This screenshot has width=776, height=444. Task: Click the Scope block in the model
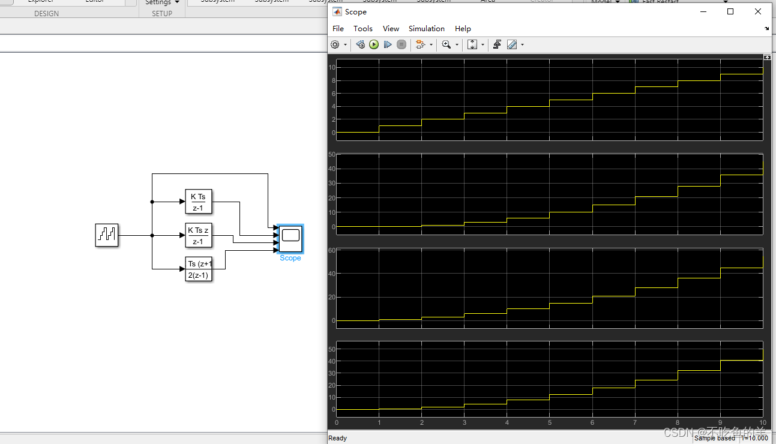(290, 239)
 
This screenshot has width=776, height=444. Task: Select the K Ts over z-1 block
(199, 202)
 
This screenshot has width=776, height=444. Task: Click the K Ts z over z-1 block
(199, 235)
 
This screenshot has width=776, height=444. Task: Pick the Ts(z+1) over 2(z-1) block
(199, 269)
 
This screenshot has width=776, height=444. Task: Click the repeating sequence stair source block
(107, 235)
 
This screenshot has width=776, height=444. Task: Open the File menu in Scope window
(338, 29)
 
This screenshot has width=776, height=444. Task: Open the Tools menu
(362, 29)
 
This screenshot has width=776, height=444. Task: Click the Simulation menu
(426, 29)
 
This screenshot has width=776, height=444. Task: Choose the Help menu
(463, 29)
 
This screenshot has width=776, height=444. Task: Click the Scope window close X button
(758, 11)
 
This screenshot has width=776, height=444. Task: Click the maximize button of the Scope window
(730, 11)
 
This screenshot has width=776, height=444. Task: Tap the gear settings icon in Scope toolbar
(335, 44)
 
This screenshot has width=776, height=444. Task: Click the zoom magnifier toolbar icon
(446, 44)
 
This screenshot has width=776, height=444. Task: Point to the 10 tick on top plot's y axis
(331, 67)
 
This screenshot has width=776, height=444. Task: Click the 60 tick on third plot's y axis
(331, 250)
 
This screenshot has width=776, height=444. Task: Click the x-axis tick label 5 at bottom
(549, 422)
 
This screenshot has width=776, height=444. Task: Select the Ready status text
(337, 438)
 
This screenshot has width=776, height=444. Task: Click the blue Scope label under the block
(290, 258)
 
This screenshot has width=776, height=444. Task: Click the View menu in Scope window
(391, 29)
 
